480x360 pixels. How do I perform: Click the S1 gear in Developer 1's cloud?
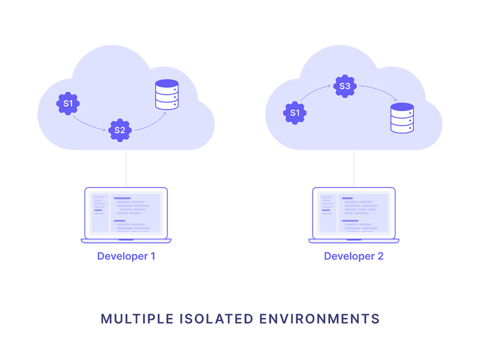click(68, 104)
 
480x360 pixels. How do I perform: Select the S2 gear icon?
click(120, 130)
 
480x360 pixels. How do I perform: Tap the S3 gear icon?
click(344, 86)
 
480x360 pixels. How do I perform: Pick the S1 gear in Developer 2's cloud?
click(295, 113)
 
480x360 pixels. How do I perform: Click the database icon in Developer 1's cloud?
click(167, 95)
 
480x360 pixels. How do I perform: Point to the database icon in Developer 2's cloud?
click(402, 118)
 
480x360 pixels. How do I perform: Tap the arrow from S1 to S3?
click(315, 94)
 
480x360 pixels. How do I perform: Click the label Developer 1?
click(126, 256)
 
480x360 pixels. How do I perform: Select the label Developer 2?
click(353, 256)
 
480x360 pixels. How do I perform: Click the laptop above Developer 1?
click(126, 215)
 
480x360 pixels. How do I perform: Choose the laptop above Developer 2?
click(353, 215)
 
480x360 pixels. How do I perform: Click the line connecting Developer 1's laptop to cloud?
click(126, 169)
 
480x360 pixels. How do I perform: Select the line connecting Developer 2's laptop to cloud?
click(353, 169)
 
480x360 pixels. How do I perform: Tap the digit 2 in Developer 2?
click(380, 256)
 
